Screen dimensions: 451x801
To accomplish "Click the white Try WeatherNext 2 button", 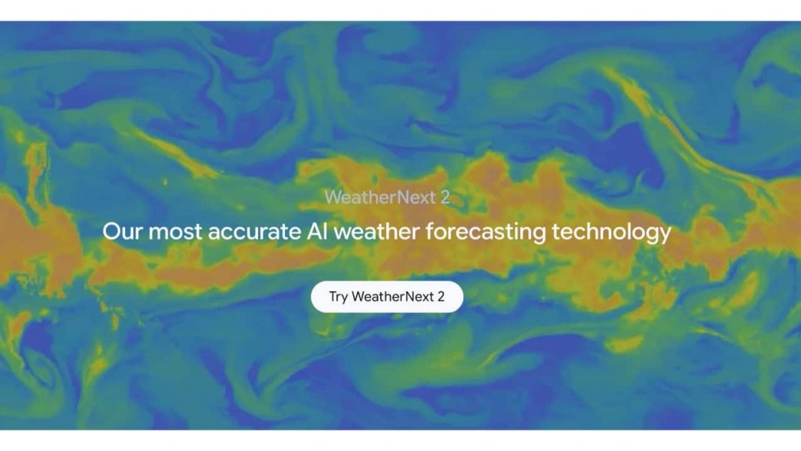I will [387, 296].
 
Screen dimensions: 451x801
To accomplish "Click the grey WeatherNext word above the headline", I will [377, 197].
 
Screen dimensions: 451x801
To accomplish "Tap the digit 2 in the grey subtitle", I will [445, 197].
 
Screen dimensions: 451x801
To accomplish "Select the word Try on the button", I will [338, 297].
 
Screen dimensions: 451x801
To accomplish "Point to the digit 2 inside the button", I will [441, 296].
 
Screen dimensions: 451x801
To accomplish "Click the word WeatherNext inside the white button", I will [392, 296].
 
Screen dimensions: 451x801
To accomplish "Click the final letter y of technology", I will [664, 233].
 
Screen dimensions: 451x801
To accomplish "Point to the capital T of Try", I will [333, 296].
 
